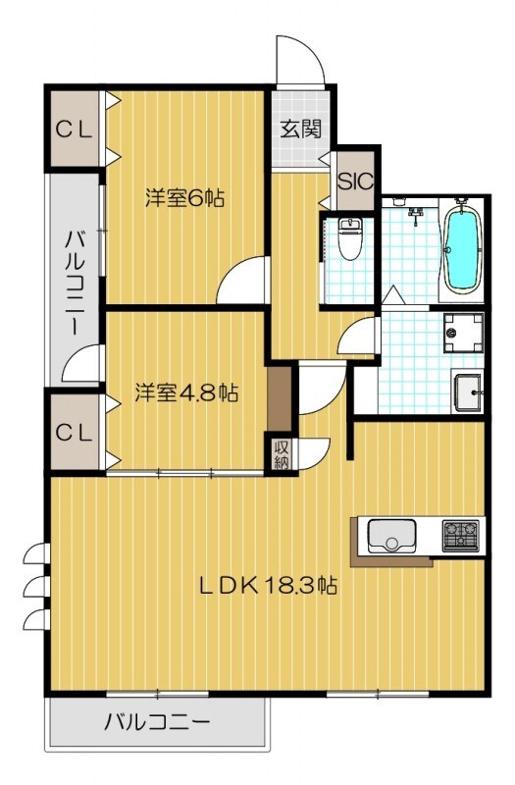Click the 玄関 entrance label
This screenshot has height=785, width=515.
(299, 129)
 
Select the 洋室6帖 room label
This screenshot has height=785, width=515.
(185, 197)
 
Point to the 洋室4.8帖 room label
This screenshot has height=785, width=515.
(185, 392)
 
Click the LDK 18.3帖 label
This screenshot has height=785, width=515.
(269, 586)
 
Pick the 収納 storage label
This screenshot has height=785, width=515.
(282, 454)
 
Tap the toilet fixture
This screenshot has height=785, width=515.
(349, 237)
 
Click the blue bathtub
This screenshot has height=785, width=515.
(460, 249)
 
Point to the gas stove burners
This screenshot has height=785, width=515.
(460, 535)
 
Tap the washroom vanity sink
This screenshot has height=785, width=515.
(468, 394)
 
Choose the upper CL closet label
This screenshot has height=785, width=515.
(73, 129)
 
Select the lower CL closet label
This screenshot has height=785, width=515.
(73, 430)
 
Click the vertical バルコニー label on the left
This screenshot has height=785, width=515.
(75, 283)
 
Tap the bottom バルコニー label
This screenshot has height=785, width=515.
(157, 724)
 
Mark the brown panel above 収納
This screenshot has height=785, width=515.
(281, 397)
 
